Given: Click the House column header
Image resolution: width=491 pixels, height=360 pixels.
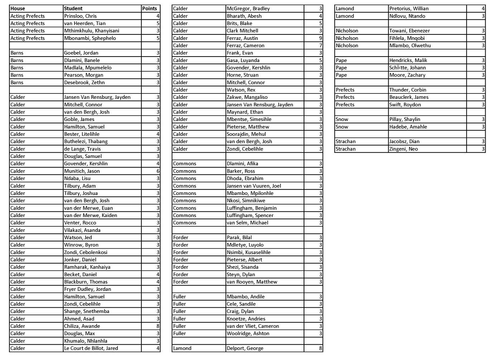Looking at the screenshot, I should pos(18,9).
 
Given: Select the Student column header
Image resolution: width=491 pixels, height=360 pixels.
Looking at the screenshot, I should pos(73,9).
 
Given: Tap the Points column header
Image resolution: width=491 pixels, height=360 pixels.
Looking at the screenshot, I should pos(150,9).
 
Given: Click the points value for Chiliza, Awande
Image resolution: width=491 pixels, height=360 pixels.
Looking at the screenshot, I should pos(158,326).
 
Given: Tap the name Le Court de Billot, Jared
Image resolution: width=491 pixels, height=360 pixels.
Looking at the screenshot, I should pos(91,348).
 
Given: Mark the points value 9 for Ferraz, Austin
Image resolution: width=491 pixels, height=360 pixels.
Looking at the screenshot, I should pos(320,38).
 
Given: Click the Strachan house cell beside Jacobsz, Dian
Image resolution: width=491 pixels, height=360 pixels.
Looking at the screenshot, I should pos(346,141).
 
